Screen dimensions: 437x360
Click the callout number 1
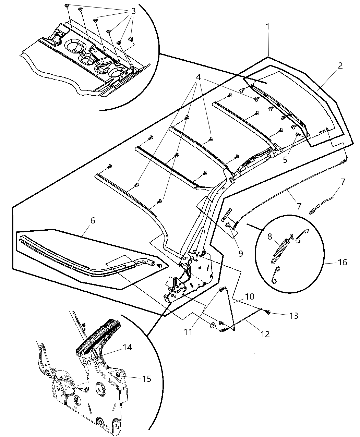(267, 26)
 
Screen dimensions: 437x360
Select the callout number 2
(340, 66)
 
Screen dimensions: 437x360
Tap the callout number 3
(133, 11)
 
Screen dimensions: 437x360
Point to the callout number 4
(198, 77)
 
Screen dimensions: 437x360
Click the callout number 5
(285, 160)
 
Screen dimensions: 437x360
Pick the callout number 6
(93, 221)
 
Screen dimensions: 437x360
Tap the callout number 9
(240, 254)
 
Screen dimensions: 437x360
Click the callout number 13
(293, 316)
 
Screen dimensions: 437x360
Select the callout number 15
(146, 378)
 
